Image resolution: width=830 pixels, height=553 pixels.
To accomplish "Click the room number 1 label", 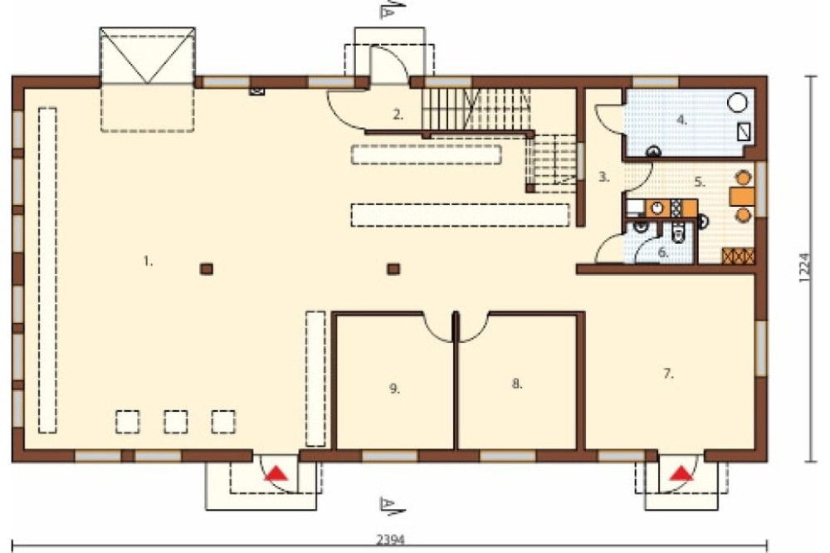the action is pyautogui.click(x=149, y=261).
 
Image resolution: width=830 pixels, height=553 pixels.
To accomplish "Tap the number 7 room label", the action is pyautogui.click(x=668, y=374).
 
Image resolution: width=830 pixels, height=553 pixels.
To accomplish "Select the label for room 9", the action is pyautogui.click(x=395, y=389).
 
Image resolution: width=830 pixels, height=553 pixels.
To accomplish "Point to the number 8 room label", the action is pyautogui.click(x=517, y=384).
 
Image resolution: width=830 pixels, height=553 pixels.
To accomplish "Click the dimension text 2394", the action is pyautogui.click(x=391, y=540).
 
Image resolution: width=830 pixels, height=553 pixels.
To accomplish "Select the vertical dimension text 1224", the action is pyautogui.click(x=804, y=267).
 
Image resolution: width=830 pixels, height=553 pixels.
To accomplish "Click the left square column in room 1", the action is pyautogui.click(x=207, y=269).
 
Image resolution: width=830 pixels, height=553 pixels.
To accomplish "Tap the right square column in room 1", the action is pyautogui.click(x=393, y=269).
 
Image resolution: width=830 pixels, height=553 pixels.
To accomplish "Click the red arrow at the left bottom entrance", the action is pyautogui.click(x=276, y=473).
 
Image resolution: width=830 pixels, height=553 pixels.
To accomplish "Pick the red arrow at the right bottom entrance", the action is pyautogui.click(x=681, y=473).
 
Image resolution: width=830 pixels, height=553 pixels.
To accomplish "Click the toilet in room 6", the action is pyautogui.click(x=677, y=233).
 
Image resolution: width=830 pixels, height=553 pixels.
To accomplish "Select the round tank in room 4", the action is pyautogui.click(x=737, y=103).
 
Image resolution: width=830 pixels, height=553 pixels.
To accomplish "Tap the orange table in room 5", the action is pyautogui.click(x=743, y=197).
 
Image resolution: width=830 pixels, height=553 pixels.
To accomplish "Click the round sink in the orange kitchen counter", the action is pyautogui.click(x=657, y=208).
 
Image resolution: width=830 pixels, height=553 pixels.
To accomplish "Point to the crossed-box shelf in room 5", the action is pyautogui.click(x=739, y=256).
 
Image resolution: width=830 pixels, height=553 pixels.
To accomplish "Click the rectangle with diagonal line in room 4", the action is pyautogui.click(x=745, y=131).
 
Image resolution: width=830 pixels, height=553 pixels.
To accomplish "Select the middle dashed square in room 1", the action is pyautogui.click(x=176, y=422).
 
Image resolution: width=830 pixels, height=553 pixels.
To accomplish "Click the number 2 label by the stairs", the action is pyautogui.click(x=398, y=115).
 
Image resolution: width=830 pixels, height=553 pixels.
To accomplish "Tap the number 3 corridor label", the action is pyautogui.click(x=604, y=177).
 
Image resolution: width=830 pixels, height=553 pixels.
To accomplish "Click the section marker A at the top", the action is pyautogui.click(x=392, y=10).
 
